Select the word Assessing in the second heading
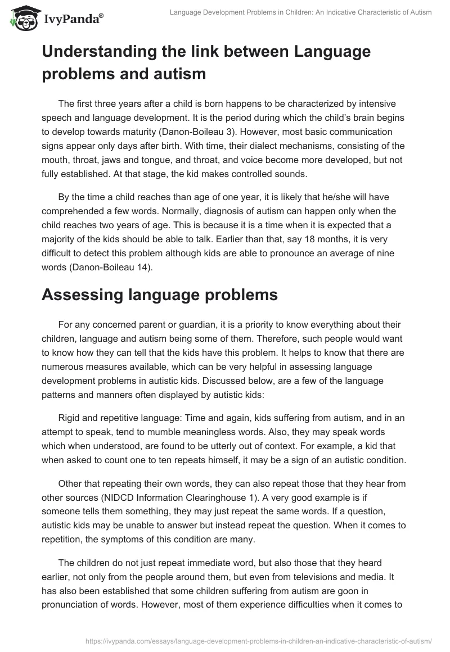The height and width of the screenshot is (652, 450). click(85, 295)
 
